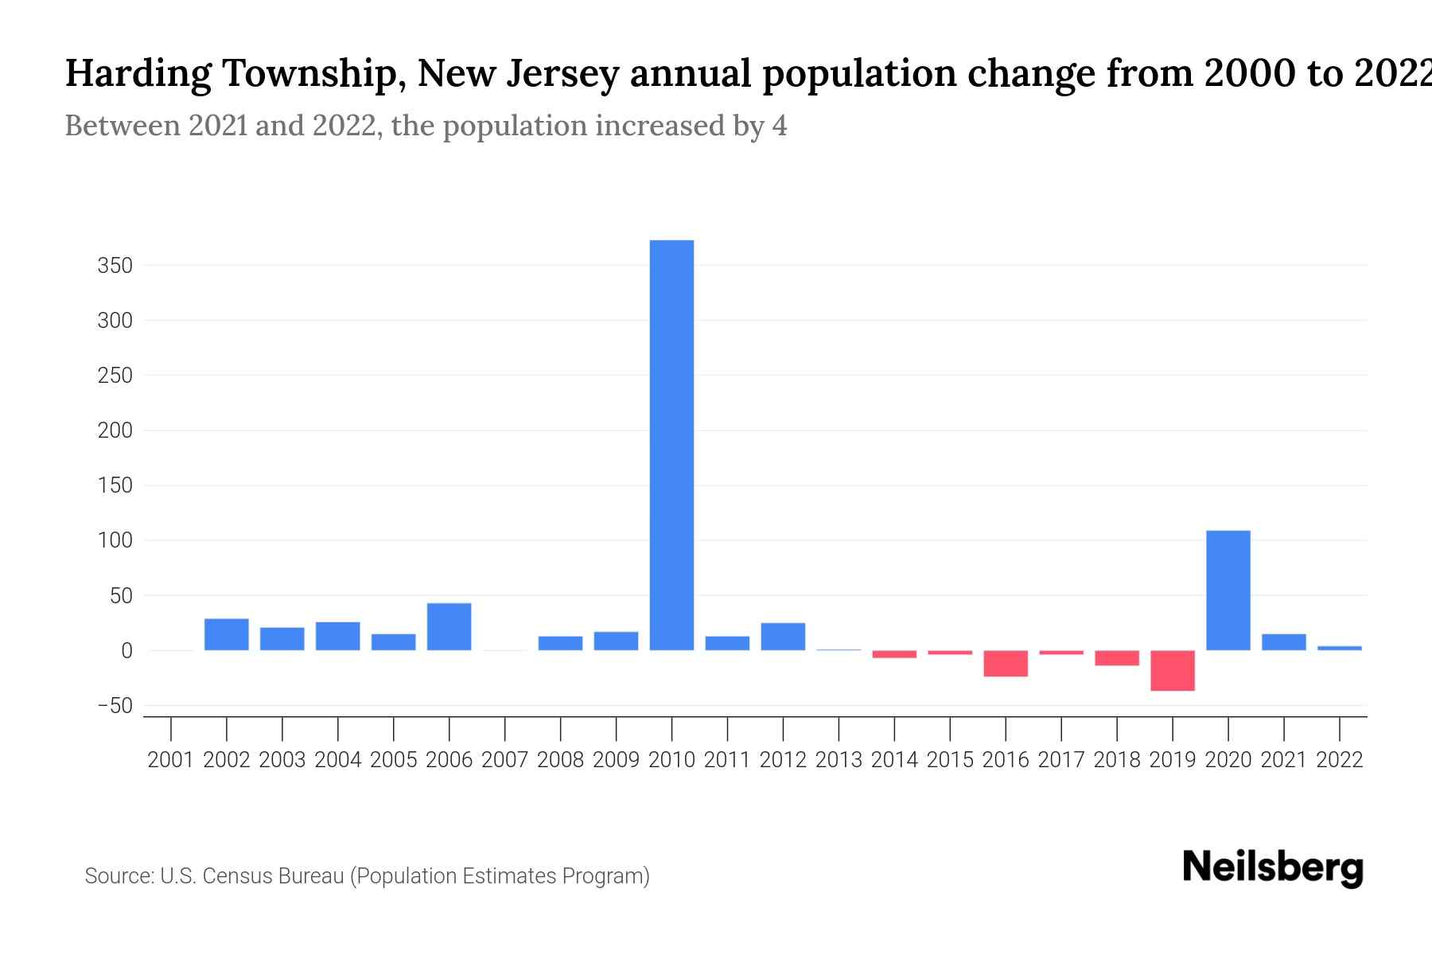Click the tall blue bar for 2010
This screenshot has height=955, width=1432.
point(671,446)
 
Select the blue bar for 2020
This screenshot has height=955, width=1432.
point(1228,591)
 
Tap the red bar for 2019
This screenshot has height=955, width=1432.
point(1172,670)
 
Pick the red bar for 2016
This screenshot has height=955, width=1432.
point(1006,664)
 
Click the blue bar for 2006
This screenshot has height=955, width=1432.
point(449,627)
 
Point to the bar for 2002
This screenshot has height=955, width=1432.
point(227,634)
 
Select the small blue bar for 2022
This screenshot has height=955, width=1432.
point(1339,648)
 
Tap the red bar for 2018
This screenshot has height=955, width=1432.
point(1116,658)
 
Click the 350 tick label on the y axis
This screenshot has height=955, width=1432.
point(115,266)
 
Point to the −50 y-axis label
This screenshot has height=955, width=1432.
point(115,706)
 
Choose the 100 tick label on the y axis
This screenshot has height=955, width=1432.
point(115,541)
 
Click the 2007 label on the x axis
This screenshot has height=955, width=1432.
point(504,760)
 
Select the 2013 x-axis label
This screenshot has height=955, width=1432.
point(839,760)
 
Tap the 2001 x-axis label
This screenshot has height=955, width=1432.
point(171,760)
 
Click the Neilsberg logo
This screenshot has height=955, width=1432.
point(1272,867)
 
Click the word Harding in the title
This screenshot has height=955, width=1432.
point(138,74)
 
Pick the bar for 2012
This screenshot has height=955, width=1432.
point(783,637)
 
